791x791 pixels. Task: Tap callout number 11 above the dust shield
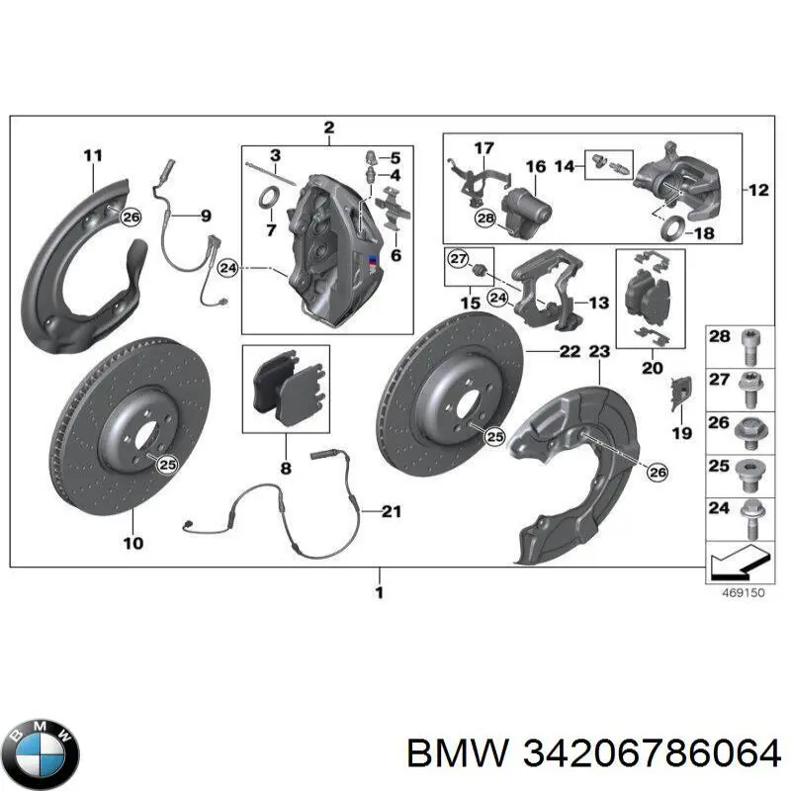coord(92,154)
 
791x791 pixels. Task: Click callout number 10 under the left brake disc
coord(132,542)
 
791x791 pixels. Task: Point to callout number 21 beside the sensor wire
coord(392,511)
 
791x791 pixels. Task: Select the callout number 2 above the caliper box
coord(328,128)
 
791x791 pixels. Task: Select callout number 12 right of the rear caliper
coord(757,190)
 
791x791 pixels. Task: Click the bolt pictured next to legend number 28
coord(750,341)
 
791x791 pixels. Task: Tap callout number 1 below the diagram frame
coord(379,593)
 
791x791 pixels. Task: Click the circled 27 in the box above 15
coord(457,260)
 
